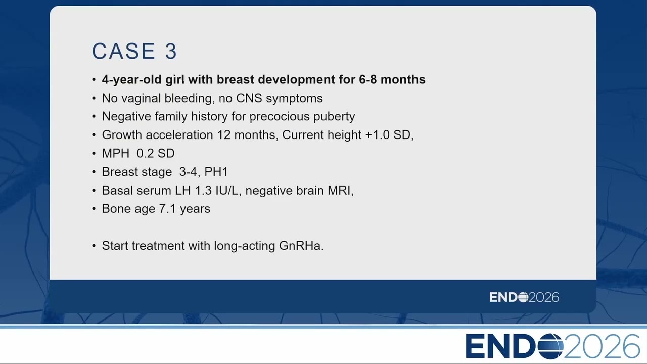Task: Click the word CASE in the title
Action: click(124, 51)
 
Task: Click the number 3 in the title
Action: click(171, 52)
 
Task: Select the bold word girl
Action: click(175, 79)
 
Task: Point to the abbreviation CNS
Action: click(249, 98)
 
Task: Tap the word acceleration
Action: click(179, 135)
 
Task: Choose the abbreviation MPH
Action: click(116, 153)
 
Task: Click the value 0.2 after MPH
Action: click(144, 153)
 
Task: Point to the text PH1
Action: click(216, 172)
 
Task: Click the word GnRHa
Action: click(301, 246)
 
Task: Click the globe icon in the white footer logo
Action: click(550, 346)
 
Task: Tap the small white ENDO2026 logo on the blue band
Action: click(524, 297)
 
